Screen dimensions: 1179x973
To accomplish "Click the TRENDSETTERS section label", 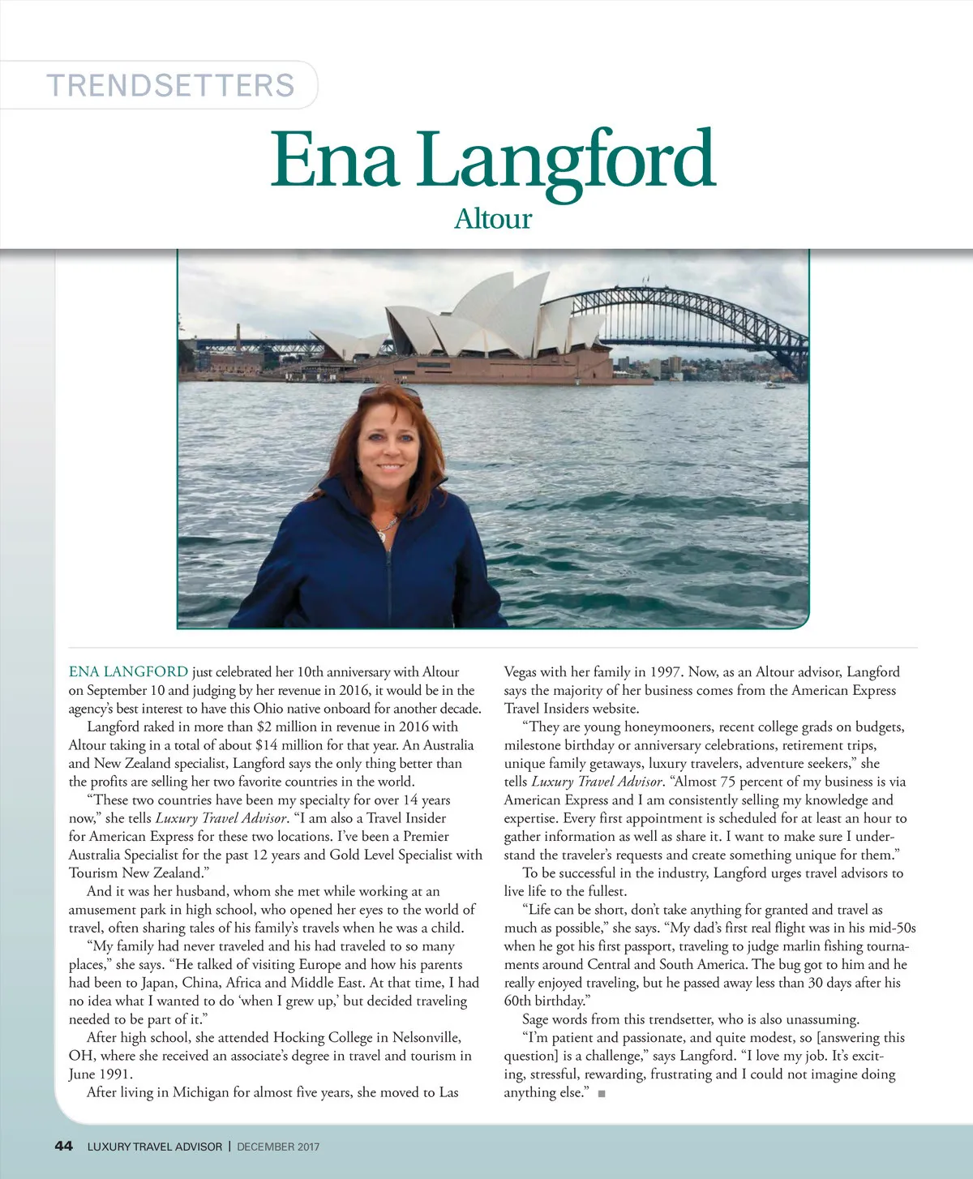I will click(x=170, y=85).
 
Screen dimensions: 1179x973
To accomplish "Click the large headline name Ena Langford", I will click(x=492, y=160).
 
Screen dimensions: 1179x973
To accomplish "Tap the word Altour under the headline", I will click(x=492, y=219).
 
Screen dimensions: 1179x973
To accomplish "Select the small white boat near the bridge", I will click(x=774, y=384).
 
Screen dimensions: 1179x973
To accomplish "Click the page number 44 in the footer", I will click(x=63, y=1146).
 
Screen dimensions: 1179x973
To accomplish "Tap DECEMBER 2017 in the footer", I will click(x=278, y=1147).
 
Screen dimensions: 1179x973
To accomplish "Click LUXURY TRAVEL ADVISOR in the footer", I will click(x=154, y=1147).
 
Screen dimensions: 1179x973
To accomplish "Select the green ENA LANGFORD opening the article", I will click(x=128, y=671).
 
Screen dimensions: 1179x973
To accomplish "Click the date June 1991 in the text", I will click(x=100, y=1074).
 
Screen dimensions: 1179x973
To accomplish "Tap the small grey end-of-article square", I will click(x=602, y=1094).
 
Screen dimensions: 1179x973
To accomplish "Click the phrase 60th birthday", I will click(x=544, y=1001).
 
